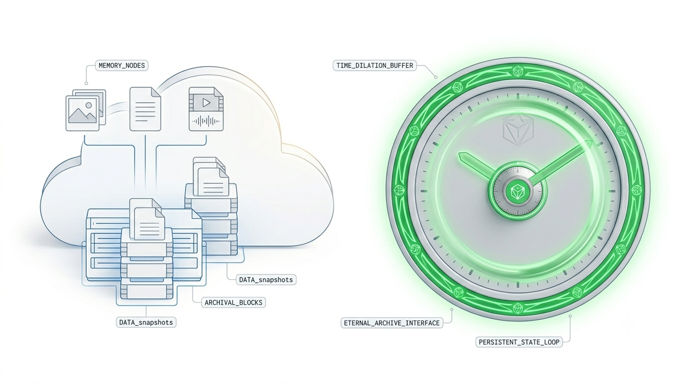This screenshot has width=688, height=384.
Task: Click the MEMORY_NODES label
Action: (121, 65)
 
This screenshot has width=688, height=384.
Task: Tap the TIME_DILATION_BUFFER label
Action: (374, 65)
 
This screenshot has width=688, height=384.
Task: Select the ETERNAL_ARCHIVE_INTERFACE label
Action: (391, 323)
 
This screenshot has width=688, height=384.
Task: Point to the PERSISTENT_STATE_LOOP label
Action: (519, 342)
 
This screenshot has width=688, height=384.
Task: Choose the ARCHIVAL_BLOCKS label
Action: (233, 302)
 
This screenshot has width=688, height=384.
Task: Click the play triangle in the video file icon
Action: (206, 102)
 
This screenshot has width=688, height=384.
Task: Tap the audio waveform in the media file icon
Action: (206, 121)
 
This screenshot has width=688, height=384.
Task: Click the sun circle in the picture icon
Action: (89, 105)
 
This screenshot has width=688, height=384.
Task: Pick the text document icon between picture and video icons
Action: (145, 109)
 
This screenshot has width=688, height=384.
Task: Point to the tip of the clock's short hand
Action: (459, 154)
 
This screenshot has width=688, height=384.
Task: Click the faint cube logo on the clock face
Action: (518, 128)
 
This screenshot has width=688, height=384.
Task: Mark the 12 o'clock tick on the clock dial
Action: (518, 96)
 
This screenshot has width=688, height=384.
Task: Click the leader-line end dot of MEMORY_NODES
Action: (86, 83)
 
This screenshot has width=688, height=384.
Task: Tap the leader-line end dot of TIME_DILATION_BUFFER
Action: (435, 77)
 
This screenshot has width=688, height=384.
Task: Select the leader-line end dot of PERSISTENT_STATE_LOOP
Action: (570, 316)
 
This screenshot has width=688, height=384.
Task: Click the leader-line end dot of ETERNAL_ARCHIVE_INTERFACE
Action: (452, 309)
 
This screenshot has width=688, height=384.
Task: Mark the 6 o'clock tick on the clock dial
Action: (518, 284)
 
